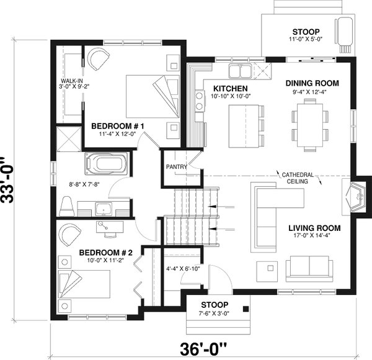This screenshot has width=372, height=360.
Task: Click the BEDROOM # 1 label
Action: (118, 127)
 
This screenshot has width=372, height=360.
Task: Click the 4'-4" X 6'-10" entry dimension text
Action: (182, 269)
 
